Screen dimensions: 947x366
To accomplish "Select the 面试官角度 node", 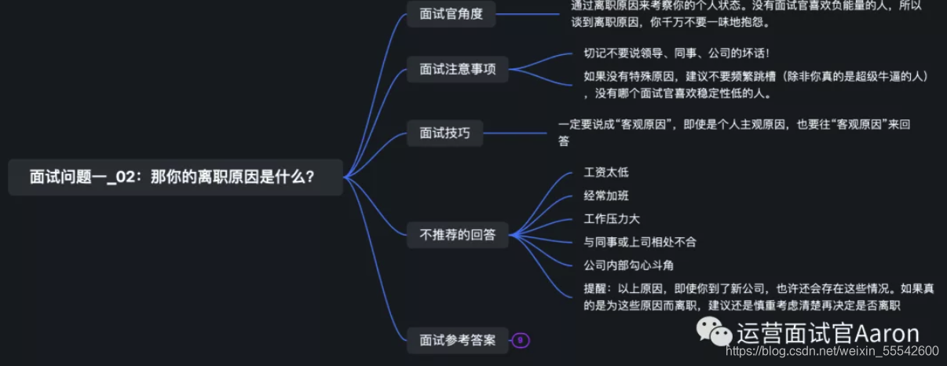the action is tap(451, 15).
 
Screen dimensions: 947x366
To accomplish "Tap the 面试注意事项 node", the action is tap(457, 69).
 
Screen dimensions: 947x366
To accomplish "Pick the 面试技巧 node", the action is tap(444, 133).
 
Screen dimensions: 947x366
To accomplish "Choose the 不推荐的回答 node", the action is tap(457, 234).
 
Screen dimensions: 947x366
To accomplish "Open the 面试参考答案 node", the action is tap(457, 340).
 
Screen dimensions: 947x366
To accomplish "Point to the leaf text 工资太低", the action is tap(606, 172).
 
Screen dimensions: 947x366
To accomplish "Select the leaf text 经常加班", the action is tap(606, 196).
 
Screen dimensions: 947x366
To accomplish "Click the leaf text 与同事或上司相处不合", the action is tap(639, 242).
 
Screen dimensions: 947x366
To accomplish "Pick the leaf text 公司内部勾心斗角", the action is tap(628, 265).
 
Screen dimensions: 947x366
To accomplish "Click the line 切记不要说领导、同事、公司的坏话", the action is tap(676, 53).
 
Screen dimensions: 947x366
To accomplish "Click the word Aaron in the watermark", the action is tap(888, 333).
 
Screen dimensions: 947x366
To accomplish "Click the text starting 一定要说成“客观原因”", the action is tap(733, 131).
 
